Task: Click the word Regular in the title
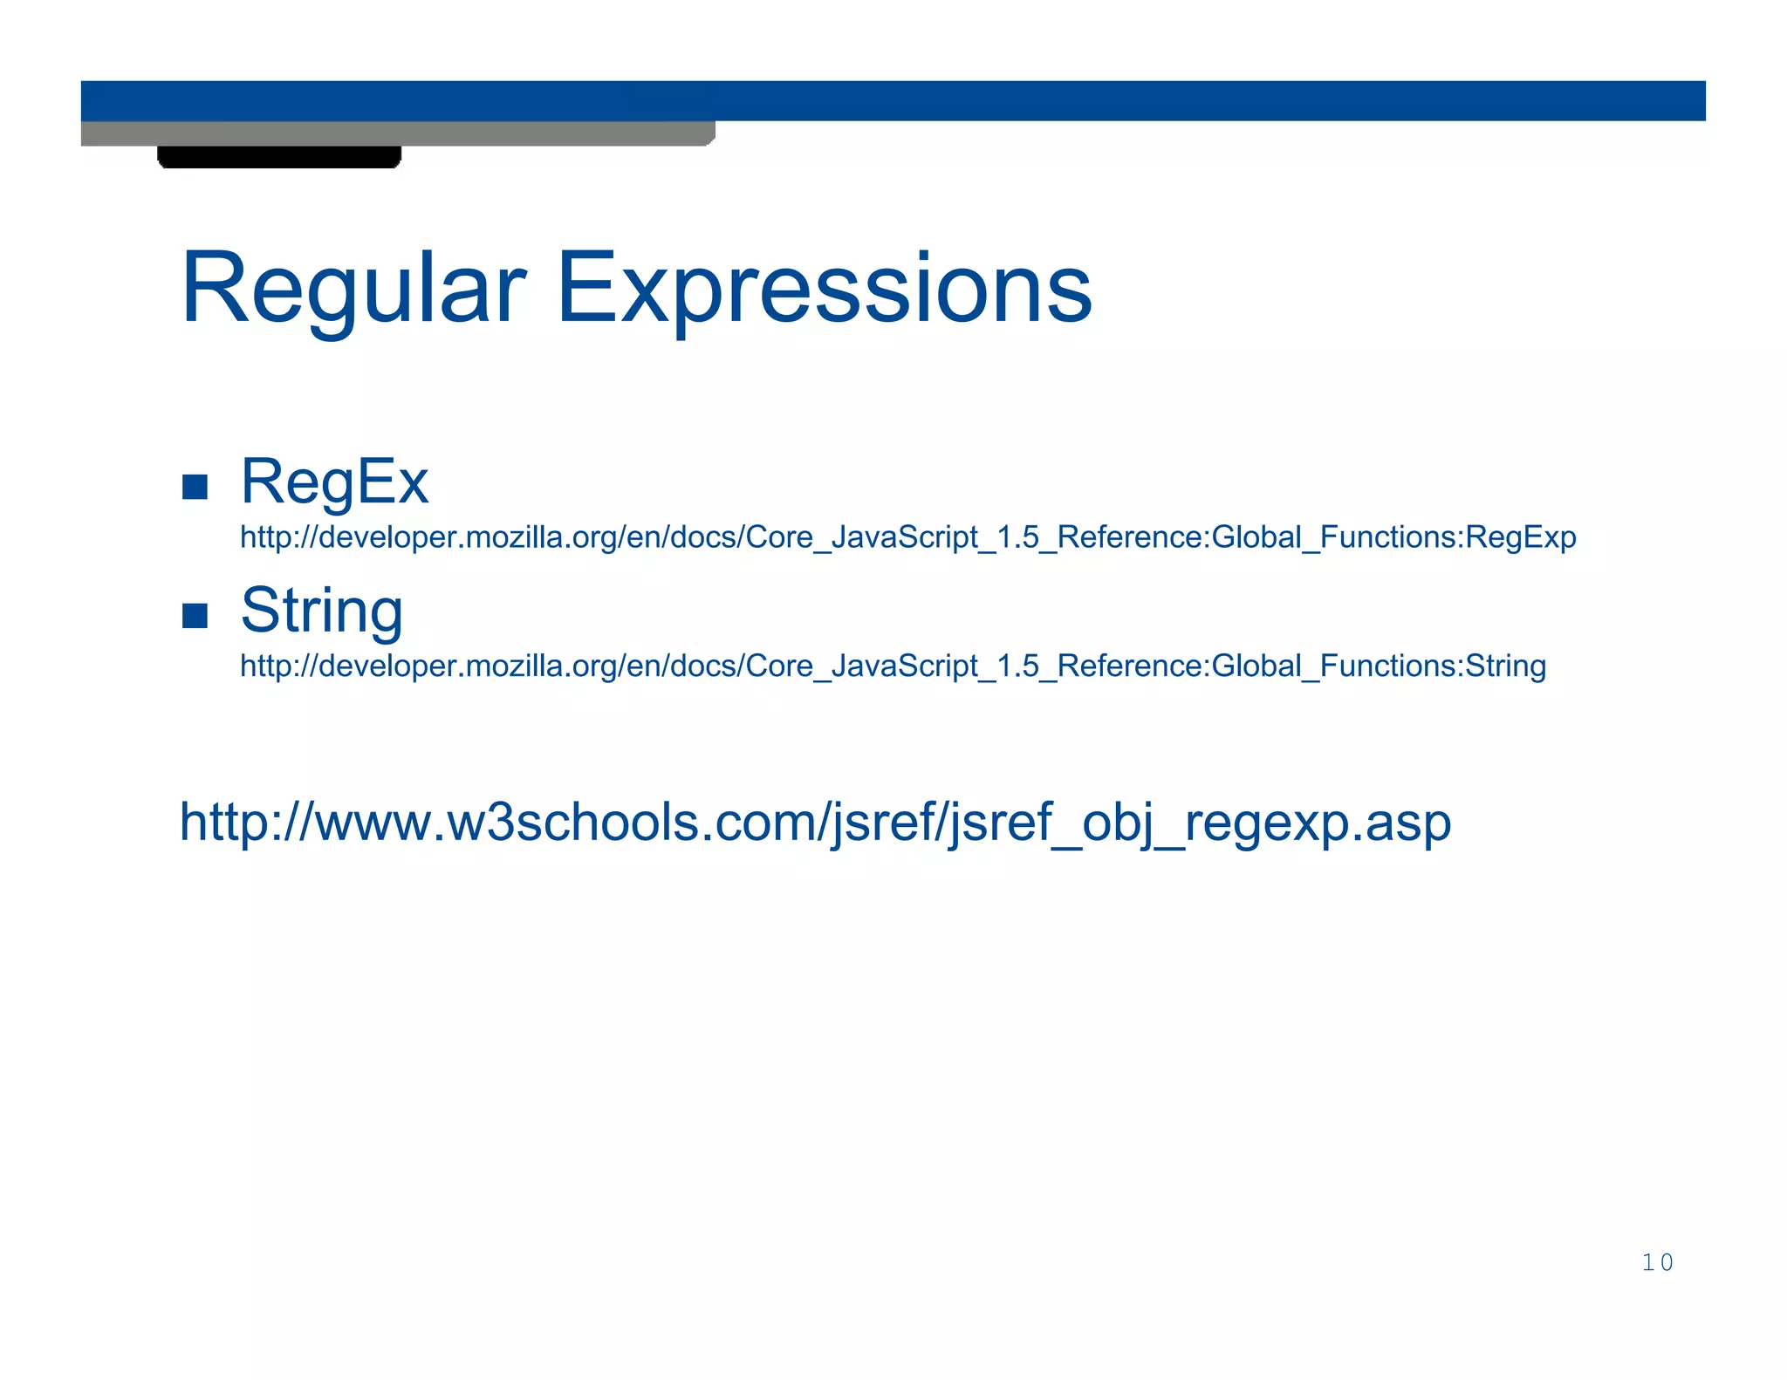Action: click(353, 289)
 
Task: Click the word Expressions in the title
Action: click(824, 289)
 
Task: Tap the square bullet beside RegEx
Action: click(195, 487)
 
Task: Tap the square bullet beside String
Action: click(195, 616)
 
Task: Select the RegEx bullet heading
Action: click(334, 482)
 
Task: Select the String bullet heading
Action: click(321, 611)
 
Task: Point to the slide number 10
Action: click(1657, 1262)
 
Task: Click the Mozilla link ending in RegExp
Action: click(907, 537)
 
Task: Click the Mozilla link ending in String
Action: click(893, 666)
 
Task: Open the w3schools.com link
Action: click(815, 823)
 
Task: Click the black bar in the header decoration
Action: click(279, 157)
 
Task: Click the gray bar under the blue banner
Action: click(397, 133)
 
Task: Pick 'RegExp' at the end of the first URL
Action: click(1521, 537)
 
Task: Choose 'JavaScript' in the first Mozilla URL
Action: click(904, 537)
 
